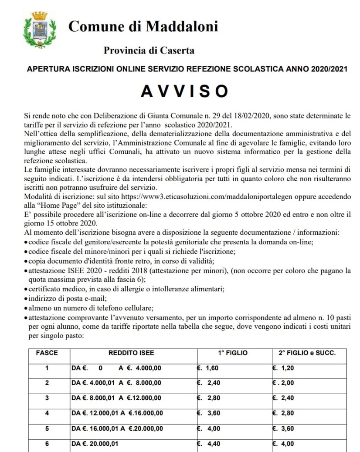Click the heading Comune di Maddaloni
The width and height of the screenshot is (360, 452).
[x=143, y=27]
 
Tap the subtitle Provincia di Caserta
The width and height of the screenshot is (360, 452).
[x=149, y=51]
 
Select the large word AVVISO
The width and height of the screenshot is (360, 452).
[x=184, y=91]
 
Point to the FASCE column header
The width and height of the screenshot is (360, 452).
[x=47, y=353]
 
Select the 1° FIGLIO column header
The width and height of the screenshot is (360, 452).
[x=233, y=353]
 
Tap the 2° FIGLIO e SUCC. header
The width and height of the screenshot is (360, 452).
[x=307, y=353]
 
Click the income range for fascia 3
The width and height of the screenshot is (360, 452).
[x=116, y=398]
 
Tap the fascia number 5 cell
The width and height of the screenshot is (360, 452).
[x=47, y=428]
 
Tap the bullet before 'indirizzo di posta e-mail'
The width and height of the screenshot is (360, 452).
[x=27, y=299]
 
